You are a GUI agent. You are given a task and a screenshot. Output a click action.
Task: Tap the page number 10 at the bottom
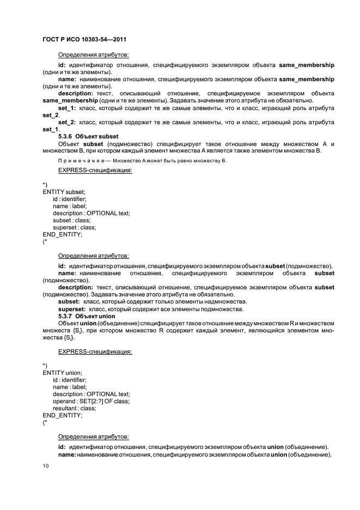46,466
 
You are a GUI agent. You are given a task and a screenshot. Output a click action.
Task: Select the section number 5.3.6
66,136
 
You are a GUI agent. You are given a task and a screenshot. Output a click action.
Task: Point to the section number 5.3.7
66,316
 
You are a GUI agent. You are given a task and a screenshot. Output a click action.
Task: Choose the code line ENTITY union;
62,372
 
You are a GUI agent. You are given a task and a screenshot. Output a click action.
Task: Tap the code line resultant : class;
74,408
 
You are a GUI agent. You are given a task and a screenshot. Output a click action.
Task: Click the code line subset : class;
71,220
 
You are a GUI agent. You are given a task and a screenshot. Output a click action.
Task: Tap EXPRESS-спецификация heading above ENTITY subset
95,171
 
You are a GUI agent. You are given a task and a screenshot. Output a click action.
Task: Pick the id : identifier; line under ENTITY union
70,379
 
